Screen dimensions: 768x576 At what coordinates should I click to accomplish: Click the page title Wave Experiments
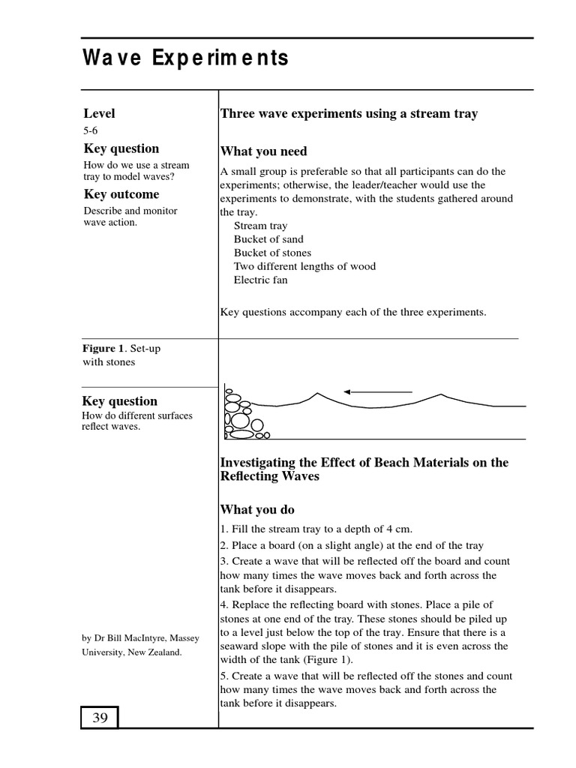[184, 58]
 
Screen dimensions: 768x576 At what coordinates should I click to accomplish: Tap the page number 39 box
[100, 718]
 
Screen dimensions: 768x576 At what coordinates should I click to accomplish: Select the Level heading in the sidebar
[99, 114]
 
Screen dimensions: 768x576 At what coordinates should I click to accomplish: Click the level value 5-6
[90, 130]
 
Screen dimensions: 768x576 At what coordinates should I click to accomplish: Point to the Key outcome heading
[121, 195]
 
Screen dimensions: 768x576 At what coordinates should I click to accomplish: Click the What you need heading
[263, 151]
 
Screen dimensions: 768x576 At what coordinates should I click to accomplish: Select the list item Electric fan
[260, 280]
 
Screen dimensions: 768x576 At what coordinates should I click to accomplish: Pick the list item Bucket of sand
[268, 239]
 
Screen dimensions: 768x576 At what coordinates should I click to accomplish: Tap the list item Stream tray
[260, 226]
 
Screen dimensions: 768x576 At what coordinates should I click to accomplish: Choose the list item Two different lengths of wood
[304, 266]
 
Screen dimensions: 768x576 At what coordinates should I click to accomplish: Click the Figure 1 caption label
[102, 349]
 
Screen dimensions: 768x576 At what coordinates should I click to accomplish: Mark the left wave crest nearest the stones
[317, 394]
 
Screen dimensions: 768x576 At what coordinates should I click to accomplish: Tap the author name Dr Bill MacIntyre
[139, 638]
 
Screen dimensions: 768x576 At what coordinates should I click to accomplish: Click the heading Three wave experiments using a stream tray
[348, 114]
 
